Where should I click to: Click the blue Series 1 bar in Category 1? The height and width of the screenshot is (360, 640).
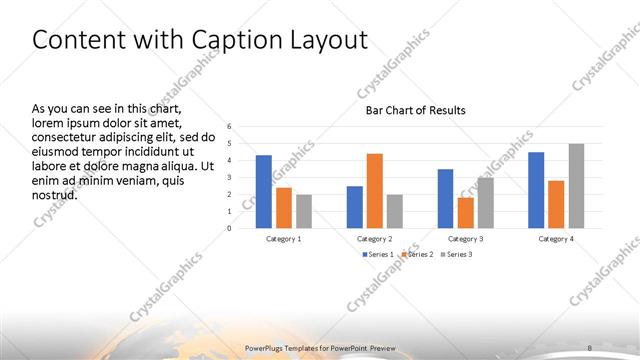tap(263, 191)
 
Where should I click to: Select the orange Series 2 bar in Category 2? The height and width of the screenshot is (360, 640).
tap(375, 190)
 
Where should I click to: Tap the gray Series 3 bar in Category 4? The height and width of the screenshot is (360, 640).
tap(577, 186)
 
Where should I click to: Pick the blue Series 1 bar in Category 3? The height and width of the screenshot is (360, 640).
tap(445, 198)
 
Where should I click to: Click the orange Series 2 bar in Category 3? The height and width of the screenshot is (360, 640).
tap(465, 212)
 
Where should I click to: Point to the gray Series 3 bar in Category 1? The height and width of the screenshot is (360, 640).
tap(304, 211)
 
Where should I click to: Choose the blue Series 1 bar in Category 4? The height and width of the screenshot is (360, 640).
tap(536, 190)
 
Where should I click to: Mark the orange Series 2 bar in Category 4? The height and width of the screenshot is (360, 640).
tap(556, 204)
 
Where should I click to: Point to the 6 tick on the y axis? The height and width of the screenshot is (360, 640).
tap(229, 127)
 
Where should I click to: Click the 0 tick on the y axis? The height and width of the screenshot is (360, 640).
tap(229, 228)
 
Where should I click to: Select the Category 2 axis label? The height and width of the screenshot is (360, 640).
tap(375, 239)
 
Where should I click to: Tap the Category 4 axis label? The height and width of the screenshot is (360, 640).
tap(556, 239)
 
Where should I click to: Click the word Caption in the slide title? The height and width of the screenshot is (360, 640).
tap(232, 40)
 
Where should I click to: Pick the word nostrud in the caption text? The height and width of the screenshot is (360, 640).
tap(55, 195)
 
